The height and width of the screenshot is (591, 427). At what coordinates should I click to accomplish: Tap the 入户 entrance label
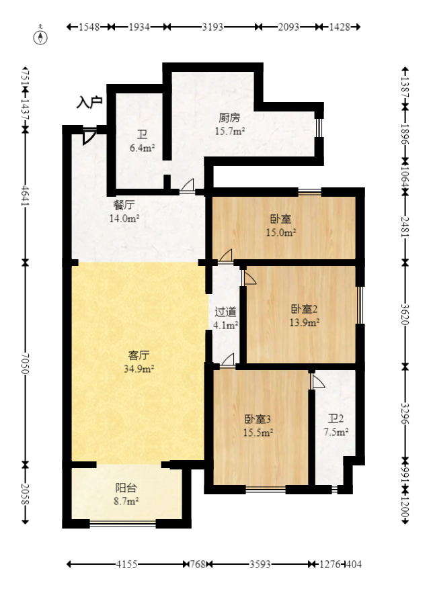tap(89, 102)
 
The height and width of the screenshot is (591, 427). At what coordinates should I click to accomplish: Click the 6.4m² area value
tap(142, 148)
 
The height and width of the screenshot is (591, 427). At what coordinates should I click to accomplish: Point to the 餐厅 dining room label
tap(124, 206)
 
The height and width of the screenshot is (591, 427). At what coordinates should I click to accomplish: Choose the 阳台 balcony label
tap(126, 488)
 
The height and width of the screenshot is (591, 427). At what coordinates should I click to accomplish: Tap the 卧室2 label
tap(304, 310)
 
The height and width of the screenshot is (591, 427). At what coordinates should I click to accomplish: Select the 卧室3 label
tap(258, 419)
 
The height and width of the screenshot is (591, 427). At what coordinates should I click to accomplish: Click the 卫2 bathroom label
tap(334, 419)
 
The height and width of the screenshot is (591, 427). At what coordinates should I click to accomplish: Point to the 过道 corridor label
tap(225, 312)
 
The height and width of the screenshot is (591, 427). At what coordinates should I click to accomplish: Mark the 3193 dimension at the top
tap(212, 27)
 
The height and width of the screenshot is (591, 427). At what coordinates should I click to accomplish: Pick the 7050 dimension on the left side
tap(25, 363)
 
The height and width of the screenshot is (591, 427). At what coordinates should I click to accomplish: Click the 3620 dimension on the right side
tap(404, 314)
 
